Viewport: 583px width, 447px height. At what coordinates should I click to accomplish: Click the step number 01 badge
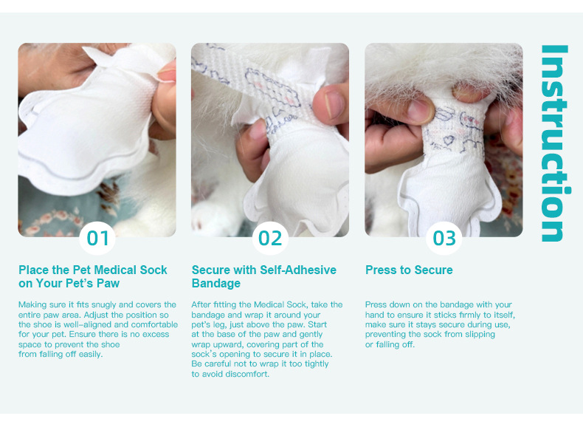tap(97, 238)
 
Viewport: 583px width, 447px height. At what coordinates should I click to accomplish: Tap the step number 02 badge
tap(270, 238)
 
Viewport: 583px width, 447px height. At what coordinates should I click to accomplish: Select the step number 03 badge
tap(444, 238)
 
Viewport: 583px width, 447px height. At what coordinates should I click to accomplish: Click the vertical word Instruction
tap(555, 143)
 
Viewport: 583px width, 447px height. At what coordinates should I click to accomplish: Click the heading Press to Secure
tap(409, 270)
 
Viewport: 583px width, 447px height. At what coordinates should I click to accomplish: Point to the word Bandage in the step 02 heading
tap(216, 283)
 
